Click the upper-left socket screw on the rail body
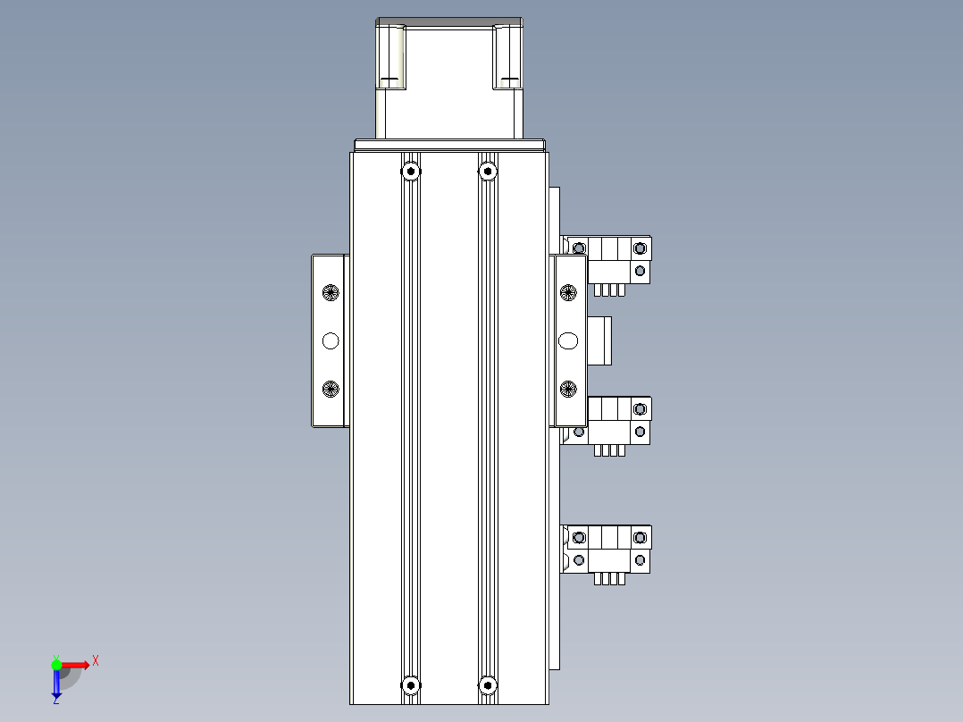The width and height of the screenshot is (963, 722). point(410,171)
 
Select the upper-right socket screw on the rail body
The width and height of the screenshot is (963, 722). point(487,171)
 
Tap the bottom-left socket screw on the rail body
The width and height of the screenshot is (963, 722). point(410,685)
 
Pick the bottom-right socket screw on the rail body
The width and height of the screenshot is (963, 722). point(487,685)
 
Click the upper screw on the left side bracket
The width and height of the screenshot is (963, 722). point(331,292)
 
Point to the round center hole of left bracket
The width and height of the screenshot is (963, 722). point(331,340)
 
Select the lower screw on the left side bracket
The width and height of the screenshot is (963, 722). point(331,389)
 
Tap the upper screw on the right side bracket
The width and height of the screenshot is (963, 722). point(568,292)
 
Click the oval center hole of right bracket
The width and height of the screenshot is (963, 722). point(568,340)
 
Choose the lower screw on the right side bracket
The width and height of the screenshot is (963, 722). point(568,389)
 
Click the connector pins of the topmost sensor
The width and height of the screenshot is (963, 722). point(608,290)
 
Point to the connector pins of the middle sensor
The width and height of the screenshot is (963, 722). point(608,450)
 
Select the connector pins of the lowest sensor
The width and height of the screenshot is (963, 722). point(608,579)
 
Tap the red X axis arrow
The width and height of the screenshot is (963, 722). point(75,664)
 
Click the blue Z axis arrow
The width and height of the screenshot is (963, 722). point(56,684)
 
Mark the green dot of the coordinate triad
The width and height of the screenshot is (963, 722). point(56,664)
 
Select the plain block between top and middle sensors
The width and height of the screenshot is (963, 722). point(600,340)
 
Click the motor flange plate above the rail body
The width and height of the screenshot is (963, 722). point(449,145)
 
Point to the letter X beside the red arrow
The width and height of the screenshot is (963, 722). point(96,660)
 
